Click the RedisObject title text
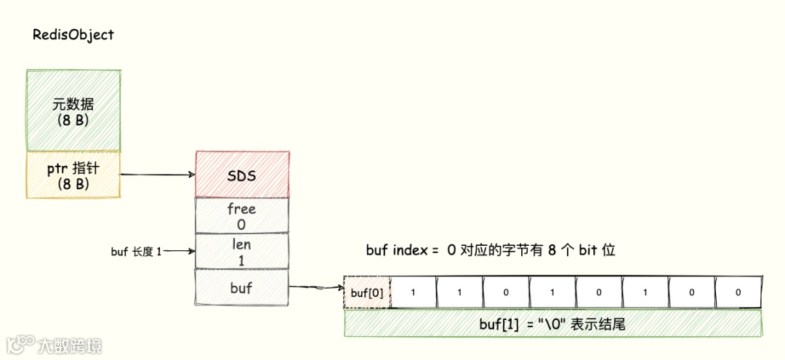click(x=73, y=35)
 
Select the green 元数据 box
click(x=73, y=111)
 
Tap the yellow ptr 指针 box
click(x=73, y=175)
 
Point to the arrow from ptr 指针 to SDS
click(x=157, y=175)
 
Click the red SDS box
click(x=242, y=175)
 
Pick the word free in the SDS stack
click(x=241, y=209)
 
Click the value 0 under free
click(x=241, y=225)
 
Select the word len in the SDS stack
click(x=241, y=244)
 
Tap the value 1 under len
click(x=241, y=259)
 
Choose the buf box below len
click(x=241, y=287)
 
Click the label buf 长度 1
click(x=136, y=252)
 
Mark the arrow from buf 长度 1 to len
click(x=180, y=252)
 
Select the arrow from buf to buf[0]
click(x=315, y=288)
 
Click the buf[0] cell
click(x=367, y=293)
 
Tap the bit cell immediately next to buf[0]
click(x=414, y=293)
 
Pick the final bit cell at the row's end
click(x=738, y=293)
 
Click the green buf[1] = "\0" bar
click(x=552, y=324)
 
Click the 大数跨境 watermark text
click(x=71, y=345)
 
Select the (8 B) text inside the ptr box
click(x=73, y=184)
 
